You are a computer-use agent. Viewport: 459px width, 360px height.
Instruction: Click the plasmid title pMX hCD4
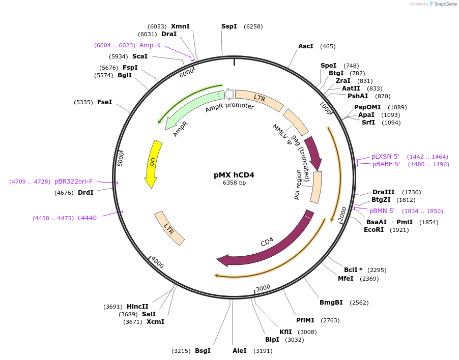234,175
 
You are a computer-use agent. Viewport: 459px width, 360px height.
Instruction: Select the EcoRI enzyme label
374,230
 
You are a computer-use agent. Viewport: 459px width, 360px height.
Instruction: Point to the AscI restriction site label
305,46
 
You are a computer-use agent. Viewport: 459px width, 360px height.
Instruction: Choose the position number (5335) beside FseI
83,102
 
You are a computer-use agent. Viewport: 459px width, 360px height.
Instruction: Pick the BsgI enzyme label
203,350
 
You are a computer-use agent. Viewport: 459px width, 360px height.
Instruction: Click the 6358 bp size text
234,183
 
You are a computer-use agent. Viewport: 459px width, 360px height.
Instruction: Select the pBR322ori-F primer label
74,182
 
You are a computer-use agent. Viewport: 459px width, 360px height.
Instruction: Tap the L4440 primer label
87,218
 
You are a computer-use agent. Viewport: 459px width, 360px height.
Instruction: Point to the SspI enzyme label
229,26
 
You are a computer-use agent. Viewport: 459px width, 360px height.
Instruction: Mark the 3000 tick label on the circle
263,288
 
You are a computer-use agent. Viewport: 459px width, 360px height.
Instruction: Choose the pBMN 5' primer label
382,211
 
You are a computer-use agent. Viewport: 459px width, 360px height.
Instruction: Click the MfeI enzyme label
346,279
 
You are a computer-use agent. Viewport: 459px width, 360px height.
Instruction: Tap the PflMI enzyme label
306,320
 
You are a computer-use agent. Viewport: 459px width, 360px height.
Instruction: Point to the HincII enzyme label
137,307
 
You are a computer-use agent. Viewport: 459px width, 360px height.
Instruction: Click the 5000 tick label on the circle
121,158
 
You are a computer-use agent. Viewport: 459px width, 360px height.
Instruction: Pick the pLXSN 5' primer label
385,157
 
